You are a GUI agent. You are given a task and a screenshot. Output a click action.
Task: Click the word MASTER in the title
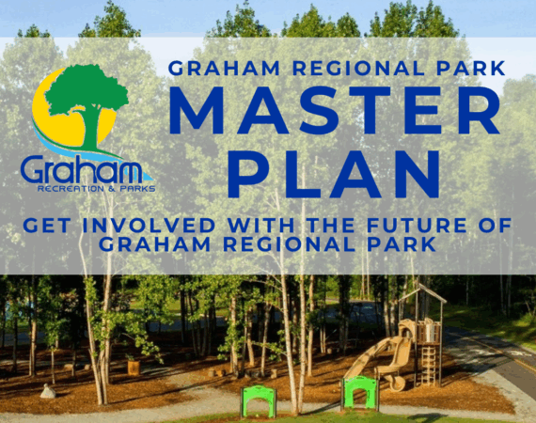[335, 110]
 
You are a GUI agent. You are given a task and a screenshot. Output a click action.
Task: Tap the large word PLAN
[334, 174]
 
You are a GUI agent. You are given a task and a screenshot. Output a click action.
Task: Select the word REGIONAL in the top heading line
[358, 69]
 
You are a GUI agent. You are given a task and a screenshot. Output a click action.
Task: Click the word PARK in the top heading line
[471, 69]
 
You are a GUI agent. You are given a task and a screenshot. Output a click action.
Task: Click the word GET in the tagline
[47, 226]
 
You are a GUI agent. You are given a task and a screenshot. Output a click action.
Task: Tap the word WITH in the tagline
[261, 226]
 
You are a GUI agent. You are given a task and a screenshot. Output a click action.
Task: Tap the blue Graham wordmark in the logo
[82, 169]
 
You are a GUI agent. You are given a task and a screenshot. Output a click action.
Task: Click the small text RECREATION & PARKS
[97, 189]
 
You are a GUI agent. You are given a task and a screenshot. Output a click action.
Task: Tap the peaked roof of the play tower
[423, 293]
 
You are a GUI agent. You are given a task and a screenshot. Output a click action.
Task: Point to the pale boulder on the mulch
[48, 392]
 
